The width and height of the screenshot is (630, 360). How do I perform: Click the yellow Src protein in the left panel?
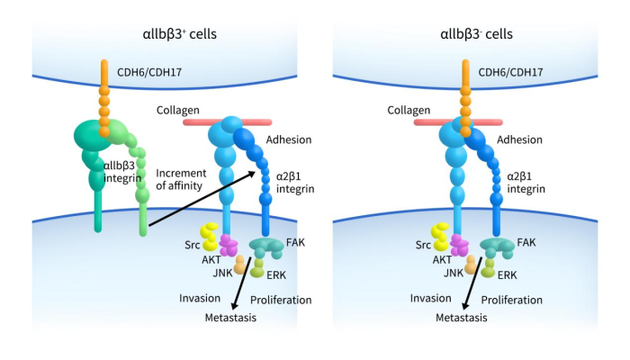pyautogui.click(x=209, y=237)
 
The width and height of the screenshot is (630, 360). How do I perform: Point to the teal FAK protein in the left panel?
pyautogui.click(x=265, y=245)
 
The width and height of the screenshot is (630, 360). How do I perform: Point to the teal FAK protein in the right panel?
pyautogui.click(x=496, y=245)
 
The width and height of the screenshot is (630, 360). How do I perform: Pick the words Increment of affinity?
pyautogui.click(x=180, y=179)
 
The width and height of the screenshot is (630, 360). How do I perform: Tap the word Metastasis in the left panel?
pyautogui.click(x=231, y=318)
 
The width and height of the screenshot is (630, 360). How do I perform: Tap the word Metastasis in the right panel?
pyautogui.click(x=462, y=318)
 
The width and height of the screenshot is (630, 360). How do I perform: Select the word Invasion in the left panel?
pyautogui.click(x=200, y=299)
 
